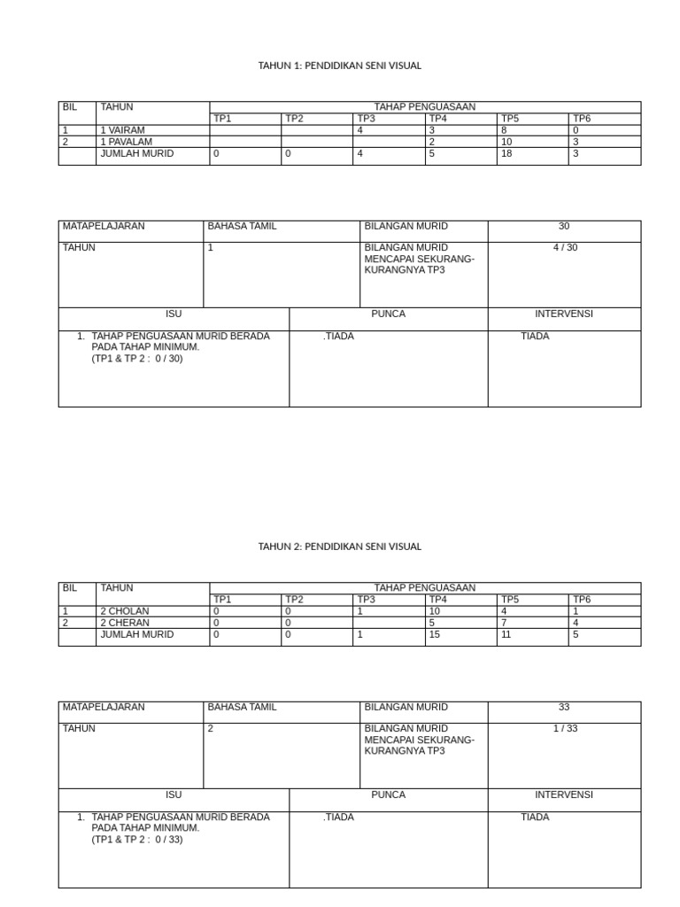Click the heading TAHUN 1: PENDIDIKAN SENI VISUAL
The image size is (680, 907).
339,66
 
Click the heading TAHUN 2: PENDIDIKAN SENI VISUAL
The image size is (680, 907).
339,547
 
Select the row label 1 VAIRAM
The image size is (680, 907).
123,130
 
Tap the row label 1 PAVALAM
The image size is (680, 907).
126,142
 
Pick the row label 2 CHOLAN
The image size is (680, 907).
125,611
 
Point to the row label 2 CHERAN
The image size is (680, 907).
125,623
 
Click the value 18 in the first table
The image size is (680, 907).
506,154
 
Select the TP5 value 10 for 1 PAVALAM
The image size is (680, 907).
506,142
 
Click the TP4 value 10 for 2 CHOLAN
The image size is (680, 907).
435,611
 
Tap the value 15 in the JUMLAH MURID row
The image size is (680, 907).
435,635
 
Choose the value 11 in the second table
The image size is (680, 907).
506,635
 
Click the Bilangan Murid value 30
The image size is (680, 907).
564,227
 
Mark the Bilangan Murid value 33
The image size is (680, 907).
564,708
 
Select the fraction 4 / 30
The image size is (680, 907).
564,248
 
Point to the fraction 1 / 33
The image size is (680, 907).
564,729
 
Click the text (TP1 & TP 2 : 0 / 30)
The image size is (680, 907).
137,359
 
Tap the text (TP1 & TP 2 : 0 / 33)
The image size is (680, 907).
137,840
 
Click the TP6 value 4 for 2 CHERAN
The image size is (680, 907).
576,623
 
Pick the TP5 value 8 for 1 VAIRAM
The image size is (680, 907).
504,130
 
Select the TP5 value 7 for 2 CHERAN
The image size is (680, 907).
504,623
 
